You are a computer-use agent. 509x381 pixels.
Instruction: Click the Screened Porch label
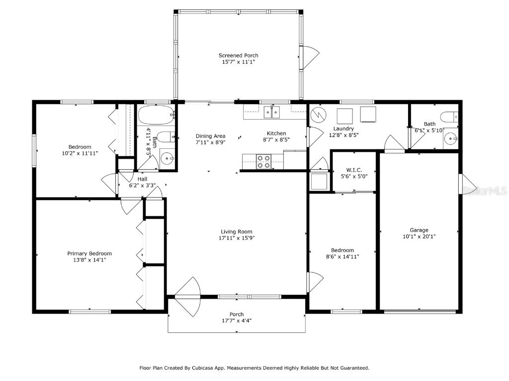(x=238, y=56)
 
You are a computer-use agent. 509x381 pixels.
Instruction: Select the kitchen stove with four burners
(x=263, y=160)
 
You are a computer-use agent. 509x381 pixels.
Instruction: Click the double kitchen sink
(x=271, y=112)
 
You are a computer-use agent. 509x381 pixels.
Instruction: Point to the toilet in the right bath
(x=449, y=117)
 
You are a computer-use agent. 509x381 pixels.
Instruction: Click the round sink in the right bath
(x=450, y=138)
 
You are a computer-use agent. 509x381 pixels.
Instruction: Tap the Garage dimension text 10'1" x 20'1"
(x=419, y=237)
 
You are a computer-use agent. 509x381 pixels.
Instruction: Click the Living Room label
(x=237, y=232)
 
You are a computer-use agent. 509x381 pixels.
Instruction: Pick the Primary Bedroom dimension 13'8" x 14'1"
(x=89, y=259)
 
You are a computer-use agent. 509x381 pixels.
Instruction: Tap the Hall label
(x=142, y=179)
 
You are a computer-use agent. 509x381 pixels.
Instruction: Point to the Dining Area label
(x=210, y=136)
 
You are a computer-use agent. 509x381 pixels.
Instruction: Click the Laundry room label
(x=343, y=128)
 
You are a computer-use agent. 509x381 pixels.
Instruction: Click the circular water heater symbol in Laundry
(x=317, y=115)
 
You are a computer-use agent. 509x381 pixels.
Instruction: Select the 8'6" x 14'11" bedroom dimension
(x=342, y=256)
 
